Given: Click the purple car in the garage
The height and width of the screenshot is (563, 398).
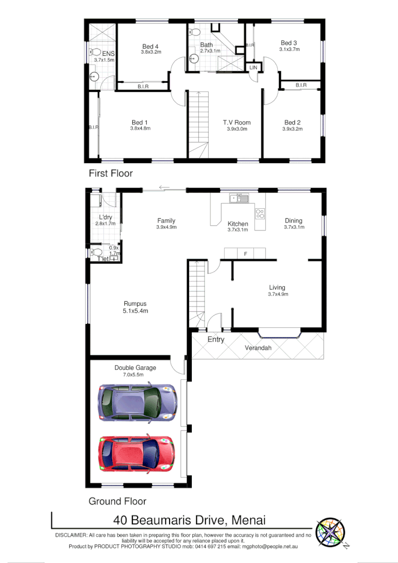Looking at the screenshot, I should click(137, 402).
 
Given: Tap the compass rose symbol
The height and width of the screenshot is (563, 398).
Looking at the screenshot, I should click(331, 533).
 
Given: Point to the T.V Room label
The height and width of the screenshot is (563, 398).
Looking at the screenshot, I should click(236, 123).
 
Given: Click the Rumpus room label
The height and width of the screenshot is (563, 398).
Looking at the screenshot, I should click(136, 303).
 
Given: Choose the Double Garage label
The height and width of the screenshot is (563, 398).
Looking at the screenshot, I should click(135, 368).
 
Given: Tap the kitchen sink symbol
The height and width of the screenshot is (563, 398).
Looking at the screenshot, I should click(239, 199).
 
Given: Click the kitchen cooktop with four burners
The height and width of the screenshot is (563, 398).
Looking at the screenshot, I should click(260, 214).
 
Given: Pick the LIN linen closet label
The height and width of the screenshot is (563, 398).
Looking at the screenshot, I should click(253, 67).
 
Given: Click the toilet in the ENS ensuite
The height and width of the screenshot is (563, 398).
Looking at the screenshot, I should click(96, 53).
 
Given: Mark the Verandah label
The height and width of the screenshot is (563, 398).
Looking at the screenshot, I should click(258, 348).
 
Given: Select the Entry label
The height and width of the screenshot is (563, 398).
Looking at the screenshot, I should click(216, 339).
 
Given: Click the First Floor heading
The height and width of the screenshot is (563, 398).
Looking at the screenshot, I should click(111, 173).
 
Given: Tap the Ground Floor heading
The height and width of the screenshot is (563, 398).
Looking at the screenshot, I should click(117, 501).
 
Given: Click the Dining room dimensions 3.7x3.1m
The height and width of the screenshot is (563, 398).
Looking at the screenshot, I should click(293, 227).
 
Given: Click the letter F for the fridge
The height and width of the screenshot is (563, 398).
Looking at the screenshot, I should click(245, 254).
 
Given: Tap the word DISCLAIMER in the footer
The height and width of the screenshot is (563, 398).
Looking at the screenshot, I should click(71, 535).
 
